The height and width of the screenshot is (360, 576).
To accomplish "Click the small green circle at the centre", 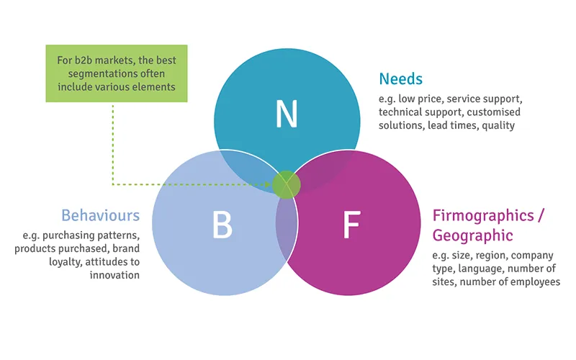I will point(286,184).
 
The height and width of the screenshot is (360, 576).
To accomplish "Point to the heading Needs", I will point(402,78).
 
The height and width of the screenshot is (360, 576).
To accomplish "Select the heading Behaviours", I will point(100,215).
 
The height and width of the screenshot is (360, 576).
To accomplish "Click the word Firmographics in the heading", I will point(475,215).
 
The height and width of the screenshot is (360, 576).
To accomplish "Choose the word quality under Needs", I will point(498,125).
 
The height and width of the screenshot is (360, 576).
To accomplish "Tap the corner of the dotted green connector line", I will point(113,184).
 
